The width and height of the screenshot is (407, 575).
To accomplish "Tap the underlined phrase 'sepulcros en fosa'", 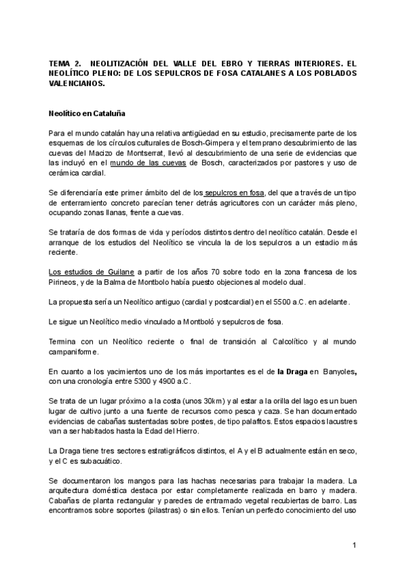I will point(237,193).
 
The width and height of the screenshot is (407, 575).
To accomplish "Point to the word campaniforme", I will point(73,351).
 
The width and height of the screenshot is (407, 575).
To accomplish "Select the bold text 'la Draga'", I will point(292,371).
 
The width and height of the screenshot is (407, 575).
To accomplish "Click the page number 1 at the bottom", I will point(354,546).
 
